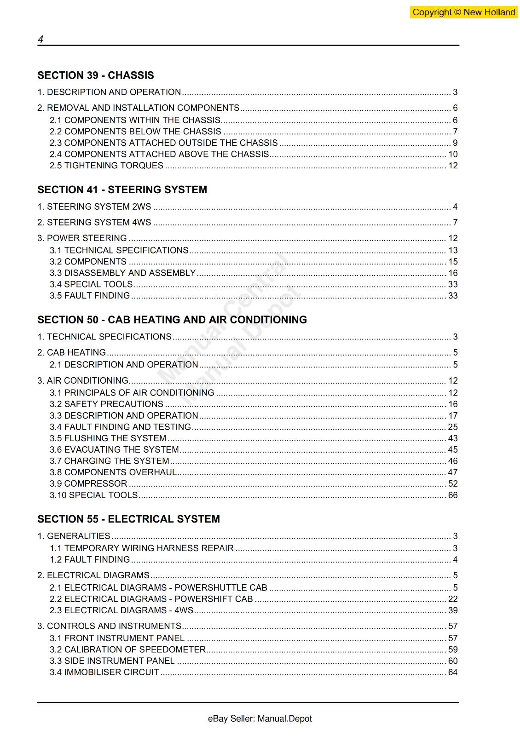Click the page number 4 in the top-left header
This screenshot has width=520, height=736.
tap(40, 40)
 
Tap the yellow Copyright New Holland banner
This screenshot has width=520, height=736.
tap(463, 12)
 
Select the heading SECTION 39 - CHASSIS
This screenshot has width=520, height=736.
tap(96, 75)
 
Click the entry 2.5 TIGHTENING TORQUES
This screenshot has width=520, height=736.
tap(106, 166)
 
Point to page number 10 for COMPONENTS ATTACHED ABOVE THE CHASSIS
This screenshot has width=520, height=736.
tap(453, 155)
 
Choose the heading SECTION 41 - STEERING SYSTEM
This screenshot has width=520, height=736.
tap(122, 190)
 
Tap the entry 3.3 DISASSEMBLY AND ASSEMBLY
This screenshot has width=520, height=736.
tap(122, 273)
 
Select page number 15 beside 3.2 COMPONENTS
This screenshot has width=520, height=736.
tap(453, 262)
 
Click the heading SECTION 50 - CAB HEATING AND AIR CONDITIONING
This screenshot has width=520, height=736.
tap(172, 320)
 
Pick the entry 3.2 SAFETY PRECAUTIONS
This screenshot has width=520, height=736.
tap(106, 404)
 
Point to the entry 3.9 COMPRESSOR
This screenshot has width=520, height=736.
tap(88, 484)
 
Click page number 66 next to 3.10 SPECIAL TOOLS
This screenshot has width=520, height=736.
tap(453, 495)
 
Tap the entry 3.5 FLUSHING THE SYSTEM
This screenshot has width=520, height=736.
tap(108, 438)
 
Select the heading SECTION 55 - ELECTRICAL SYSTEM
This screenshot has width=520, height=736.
tap(128, 519)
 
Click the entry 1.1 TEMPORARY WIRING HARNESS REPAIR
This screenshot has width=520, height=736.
tap(142, 548)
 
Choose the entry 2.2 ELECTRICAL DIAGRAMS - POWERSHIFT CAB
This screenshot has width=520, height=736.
tap(151, 599)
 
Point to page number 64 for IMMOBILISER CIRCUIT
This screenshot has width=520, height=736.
tap(453, 673)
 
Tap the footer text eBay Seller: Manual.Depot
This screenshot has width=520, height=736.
tap(260, 719)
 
